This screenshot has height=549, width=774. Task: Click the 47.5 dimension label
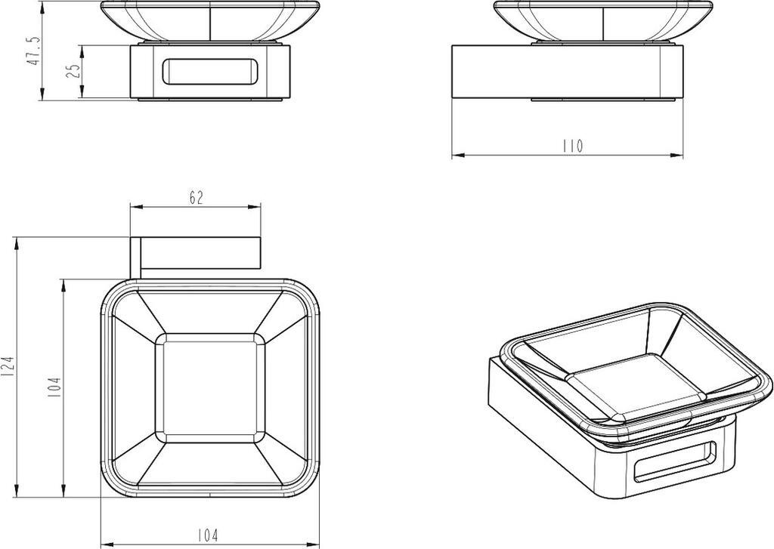(x=33, y=51)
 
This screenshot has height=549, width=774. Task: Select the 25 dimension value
(x=73, y=71)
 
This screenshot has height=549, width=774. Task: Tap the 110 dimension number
(x=572, y=146)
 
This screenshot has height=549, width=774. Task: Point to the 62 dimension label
(x=196, y=197)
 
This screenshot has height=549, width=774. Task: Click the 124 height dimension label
(x=8, y=368)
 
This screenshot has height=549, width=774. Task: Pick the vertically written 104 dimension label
(x=54, y=387)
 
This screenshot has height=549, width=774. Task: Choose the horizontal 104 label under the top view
(x=207, y=535)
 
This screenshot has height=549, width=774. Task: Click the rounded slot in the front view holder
(x=210, y=72)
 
